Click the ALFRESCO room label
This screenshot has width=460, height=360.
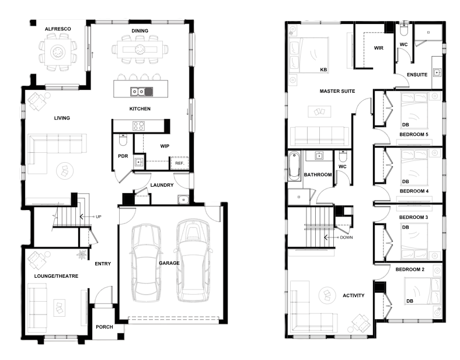[x=58, y=29]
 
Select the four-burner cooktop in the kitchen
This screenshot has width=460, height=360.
[x=138, y=126]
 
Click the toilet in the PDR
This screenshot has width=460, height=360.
[x=123, y=140]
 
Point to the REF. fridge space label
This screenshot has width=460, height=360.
[x=180, y=163]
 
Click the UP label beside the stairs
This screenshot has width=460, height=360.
[x=99, y=217]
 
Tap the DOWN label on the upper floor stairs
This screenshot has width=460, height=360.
[x=347, y=237]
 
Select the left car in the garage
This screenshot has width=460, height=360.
[x=146, y=263]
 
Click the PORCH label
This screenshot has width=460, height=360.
[x=104, y=327]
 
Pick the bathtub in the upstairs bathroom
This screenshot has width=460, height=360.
[x=295, y=166]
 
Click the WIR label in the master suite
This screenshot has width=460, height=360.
[x=379, y=48]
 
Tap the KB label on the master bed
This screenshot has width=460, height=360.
[x=323, y=70]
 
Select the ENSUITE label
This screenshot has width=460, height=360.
[x=417, y=75]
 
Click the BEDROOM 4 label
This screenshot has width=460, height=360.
[x=414, y=191]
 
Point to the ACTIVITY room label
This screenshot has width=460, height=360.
[x=354, y=295]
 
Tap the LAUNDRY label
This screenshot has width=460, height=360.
[x=162, y=185]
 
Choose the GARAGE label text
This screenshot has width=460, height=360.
[x=169, y=263]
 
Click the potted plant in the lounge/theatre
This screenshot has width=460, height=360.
[x=81, y=254]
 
